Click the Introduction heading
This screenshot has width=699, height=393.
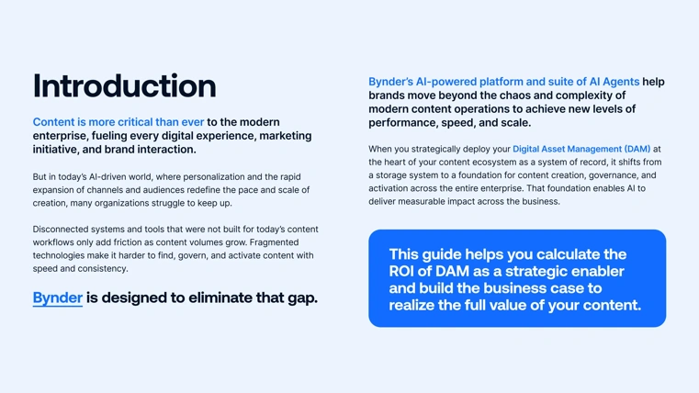pos(124,85)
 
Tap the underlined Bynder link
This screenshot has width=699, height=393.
pos(57,298)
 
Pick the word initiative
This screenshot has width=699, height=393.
pos(62,150)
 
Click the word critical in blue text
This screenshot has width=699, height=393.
pos(135,122)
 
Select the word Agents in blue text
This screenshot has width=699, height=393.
pos(615,82)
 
